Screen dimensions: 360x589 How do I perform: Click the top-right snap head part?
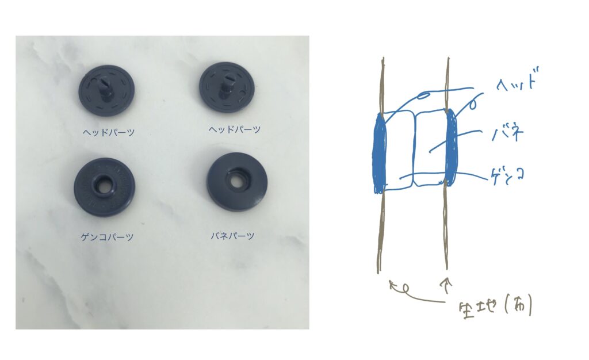[x=227, y=87]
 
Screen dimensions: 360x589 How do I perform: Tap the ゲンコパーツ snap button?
[x=104, y=187]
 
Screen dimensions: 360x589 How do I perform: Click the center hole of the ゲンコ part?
[x=104, y=186]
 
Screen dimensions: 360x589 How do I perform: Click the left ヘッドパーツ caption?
[x=109, y=132]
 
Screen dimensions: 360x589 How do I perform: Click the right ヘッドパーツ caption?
[x=234, y=130]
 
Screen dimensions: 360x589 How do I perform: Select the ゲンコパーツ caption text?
[x=108, y=237]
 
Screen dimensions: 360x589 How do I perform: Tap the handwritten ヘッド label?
[x=517, y=84]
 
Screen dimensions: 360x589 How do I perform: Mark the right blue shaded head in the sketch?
[x=452, y=147]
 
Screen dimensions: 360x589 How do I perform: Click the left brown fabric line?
[x=380, y=242]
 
